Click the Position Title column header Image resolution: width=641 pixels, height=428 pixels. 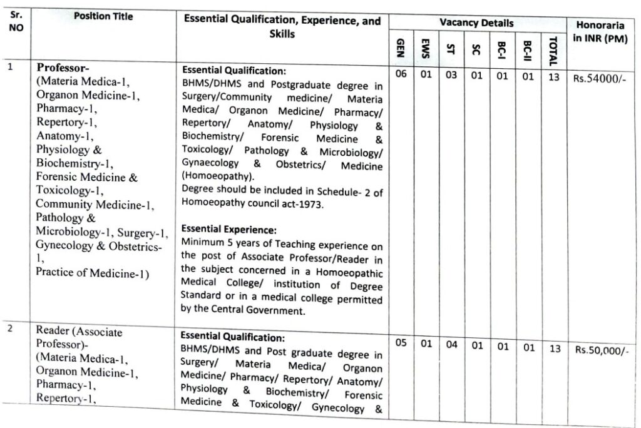click(x=103, y=17)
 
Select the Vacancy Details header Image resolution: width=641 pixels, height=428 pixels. click(x=476, y=23)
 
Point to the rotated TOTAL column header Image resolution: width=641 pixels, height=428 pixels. click(x=552, y=51)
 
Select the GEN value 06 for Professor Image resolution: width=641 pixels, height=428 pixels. click(x=401, y=75)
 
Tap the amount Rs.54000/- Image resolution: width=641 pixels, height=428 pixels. click(x=600, y=78)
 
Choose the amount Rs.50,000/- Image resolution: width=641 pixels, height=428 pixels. click(x=601, y=350)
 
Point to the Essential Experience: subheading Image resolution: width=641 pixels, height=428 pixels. click(x=228, y=230)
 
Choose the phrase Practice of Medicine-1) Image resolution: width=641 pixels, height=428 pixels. click(x=92, y=272)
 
